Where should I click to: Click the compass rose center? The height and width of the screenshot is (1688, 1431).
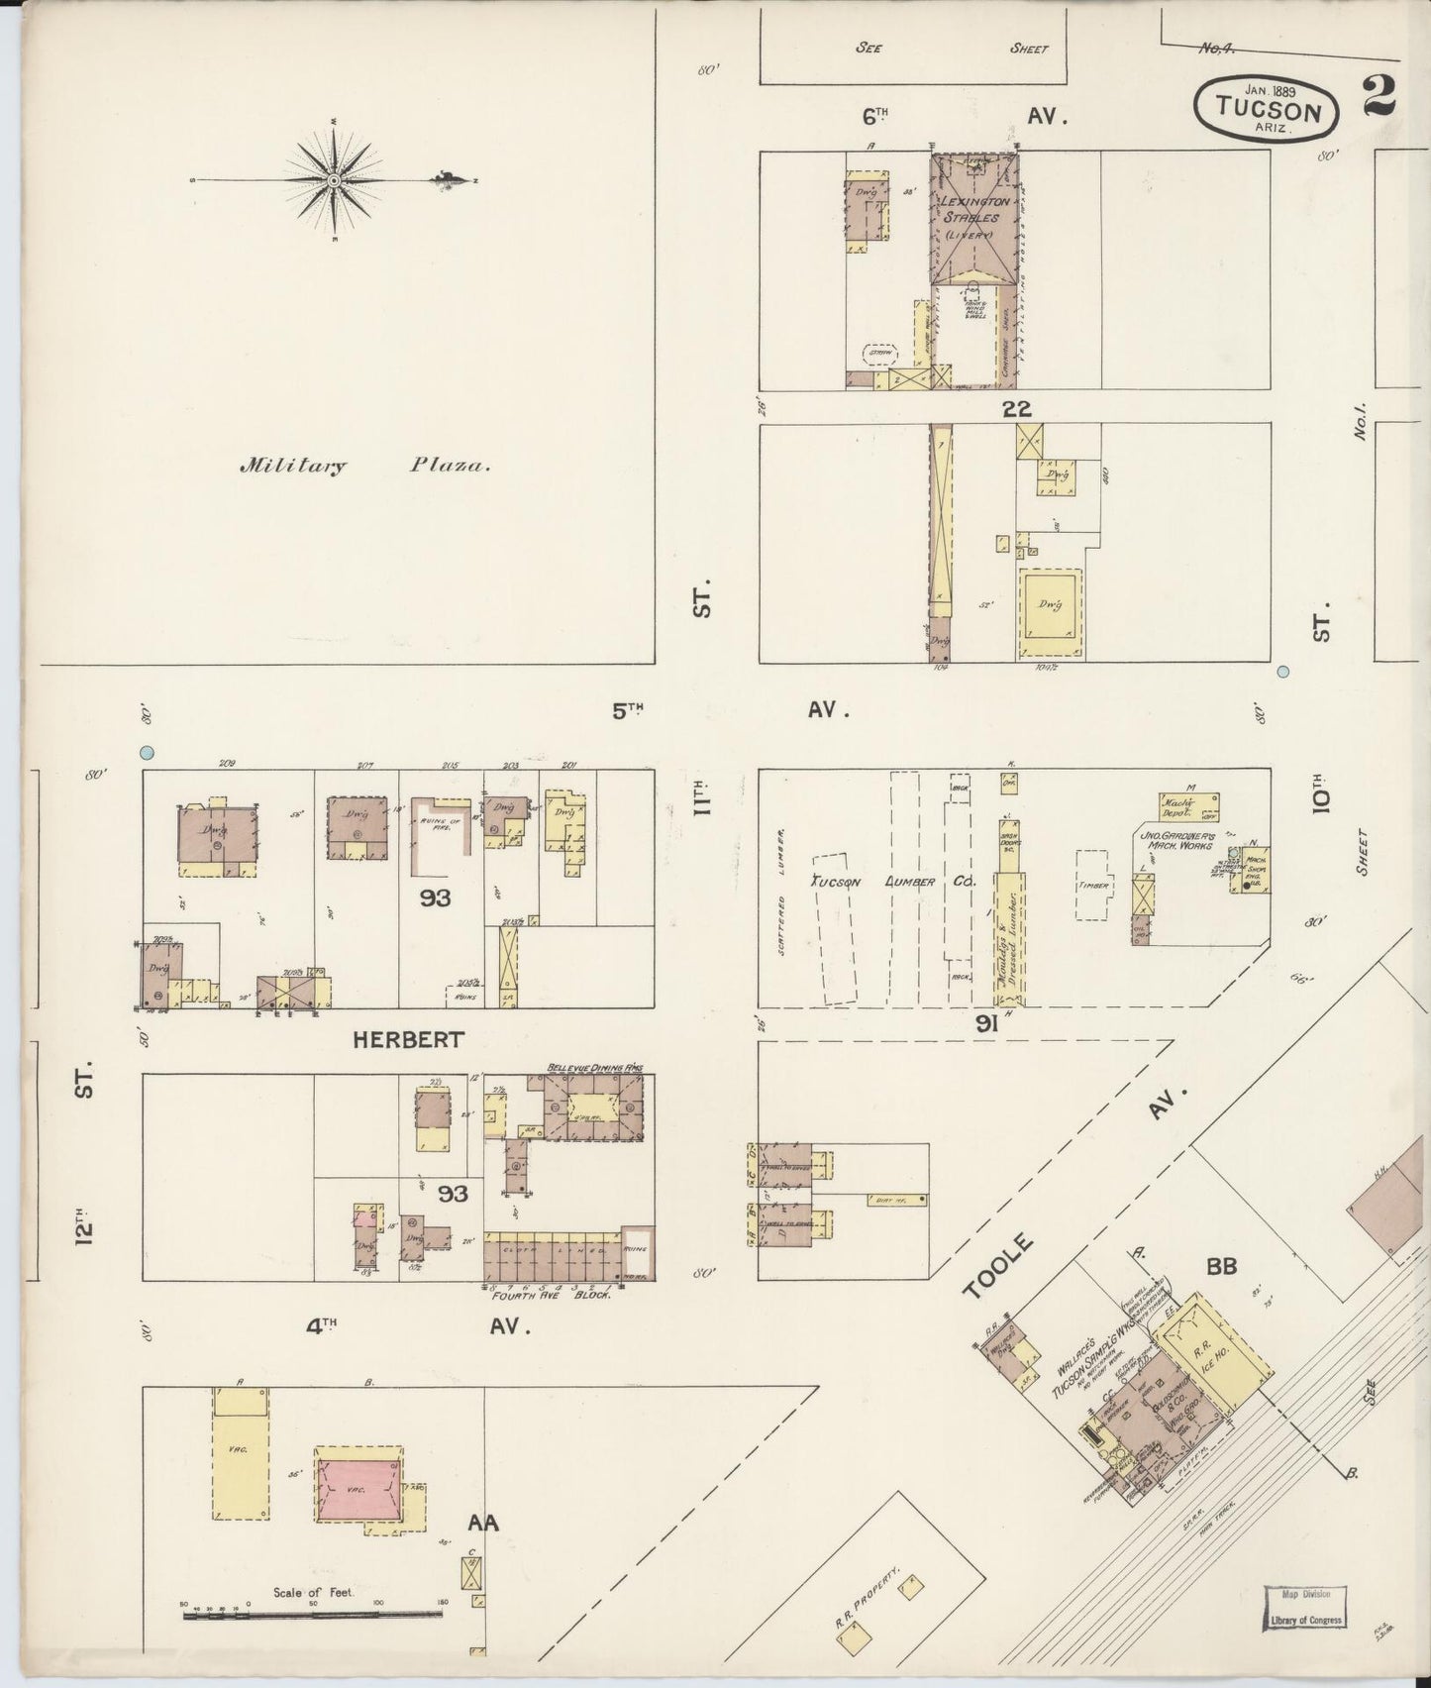[x=334, y=180]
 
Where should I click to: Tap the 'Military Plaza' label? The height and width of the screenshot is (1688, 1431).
[x=364, y=466]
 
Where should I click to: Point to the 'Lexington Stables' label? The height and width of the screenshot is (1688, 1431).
[x=975, y=209]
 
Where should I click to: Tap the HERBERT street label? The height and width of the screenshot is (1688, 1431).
[x=407, y=1039]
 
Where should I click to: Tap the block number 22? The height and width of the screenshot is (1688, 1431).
[x=1016, y=408]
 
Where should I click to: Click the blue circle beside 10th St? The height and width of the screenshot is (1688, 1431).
[x=1283, y=672]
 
